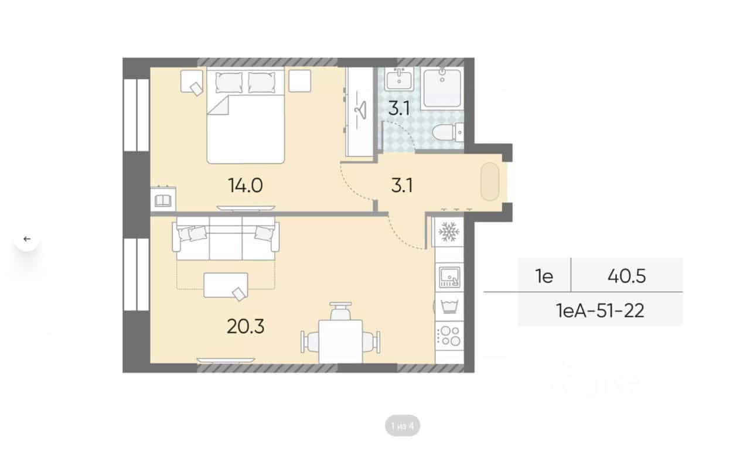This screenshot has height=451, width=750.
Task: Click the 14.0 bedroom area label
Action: (245, 185)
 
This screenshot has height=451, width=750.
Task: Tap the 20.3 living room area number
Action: (246, 327)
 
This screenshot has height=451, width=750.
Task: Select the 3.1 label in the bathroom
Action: (399, 108)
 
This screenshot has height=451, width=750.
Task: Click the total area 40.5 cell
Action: (626, 276)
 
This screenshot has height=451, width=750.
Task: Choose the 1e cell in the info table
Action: (544, 276)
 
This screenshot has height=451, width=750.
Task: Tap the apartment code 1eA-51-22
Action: (600, 311)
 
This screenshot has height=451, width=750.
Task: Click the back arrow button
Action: (27, 239)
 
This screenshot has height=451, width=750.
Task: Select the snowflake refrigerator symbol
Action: (449, 231)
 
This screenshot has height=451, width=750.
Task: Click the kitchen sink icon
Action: (449, 277)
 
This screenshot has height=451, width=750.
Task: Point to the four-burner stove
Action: (449, 336)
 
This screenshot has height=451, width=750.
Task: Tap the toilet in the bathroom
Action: (448, 132)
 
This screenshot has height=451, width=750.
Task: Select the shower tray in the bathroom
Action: (442, 88)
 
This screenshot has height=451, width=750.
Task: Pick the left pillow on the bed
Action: (229, 83)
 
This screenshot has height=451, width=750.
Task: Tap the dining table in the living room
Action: (340, 341)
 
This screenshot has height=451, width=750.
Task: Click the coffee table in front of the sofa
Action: (226, 285)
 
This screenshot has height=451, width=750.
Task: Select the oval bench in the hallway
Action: (490, 182)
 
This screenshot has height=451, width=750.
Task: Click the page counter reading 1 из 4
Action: (403, 426)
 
